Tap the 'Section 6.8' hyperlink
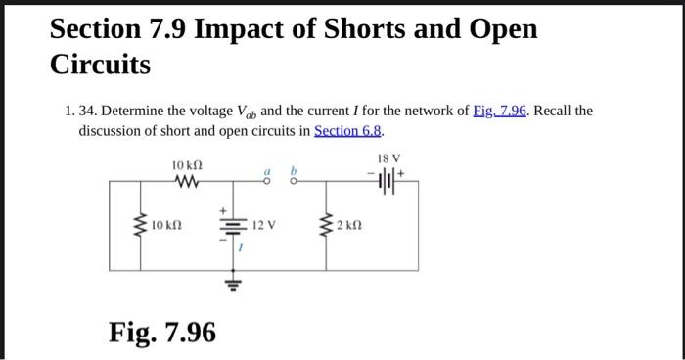[348, 130]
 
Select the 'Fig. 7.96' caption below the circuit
[161, 333]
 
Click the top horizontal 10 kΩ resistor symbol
[186, 181]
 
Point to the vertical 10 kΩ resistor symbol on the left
[144, 226]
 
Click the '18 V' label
[388, 157]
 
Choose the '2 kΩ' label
[349, 226]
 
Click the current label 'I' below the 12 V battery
[242, 248]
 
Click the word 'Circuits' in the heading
[101, 66]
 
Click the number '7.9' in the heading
[162, 29]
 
